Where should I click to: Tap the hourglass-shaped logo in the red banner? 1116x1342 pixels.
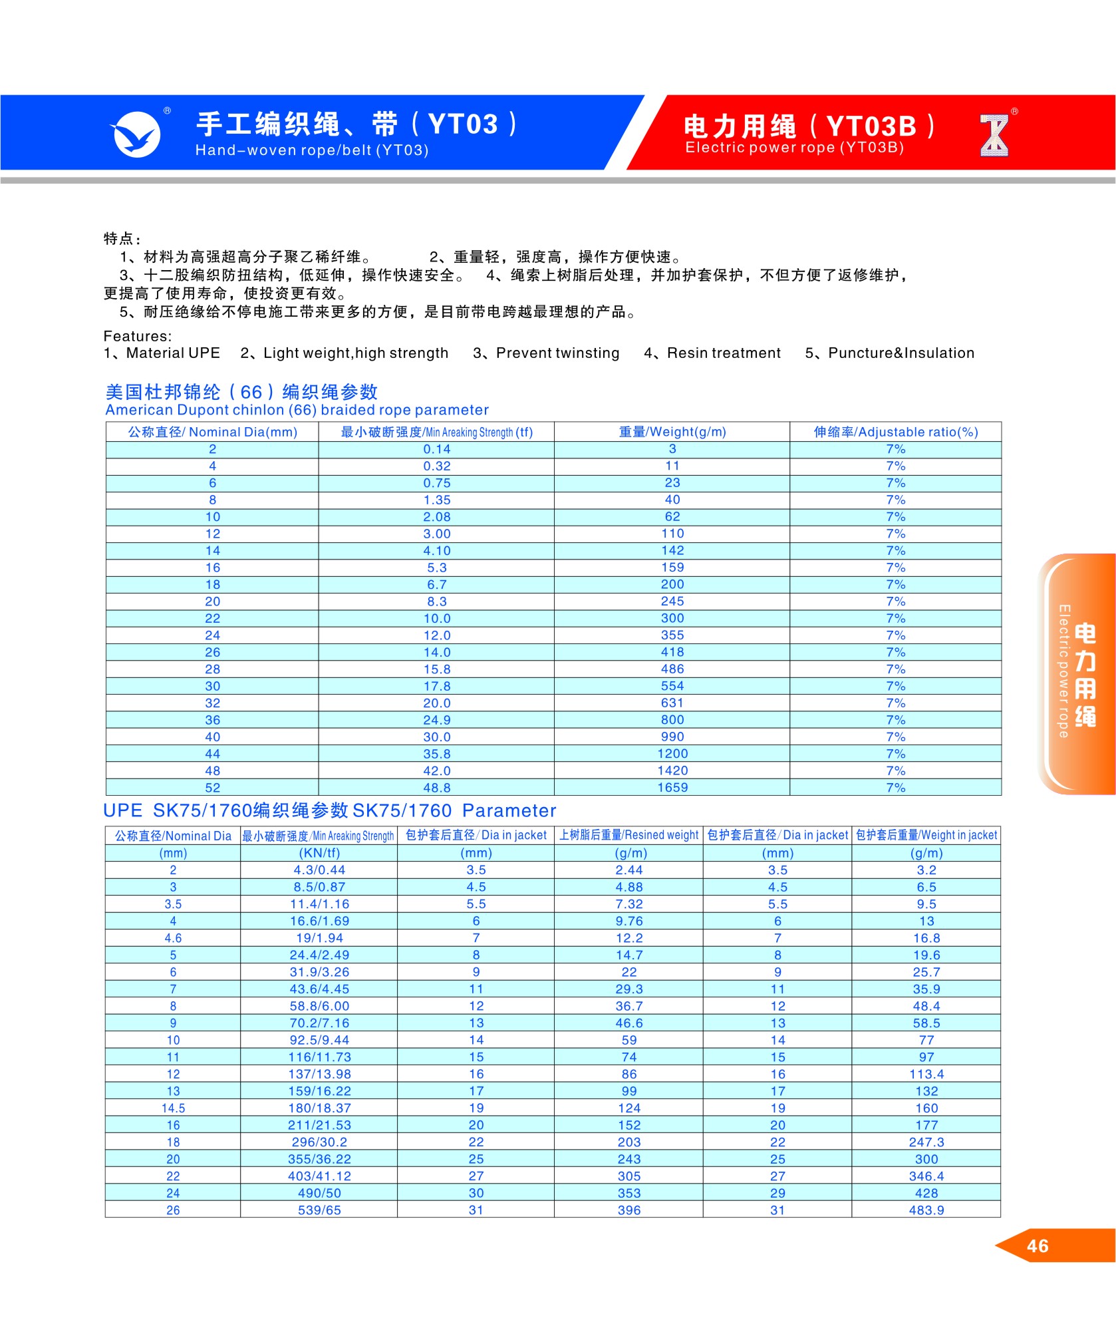point(994,136)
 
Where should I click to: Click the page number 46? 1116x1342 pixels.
point(1037,1246)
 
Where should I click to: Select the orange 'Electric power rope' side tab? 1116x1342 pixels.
point(1075,673)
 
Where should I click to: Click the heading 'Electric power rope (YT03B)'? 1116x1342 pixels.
point(794,148)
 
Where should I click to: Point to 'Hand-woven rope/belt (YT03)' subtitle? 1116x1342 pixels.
point(311,150)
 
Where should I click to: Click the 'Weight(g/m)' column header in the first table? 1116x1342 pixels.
point(672,432)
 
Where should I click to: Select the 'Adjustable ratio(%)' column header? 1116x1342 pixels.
point(895,432)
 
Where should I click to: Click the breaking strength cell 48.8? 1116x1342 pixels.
point(436,788)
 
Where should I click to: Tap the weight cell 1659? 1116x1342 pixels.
point(672,788)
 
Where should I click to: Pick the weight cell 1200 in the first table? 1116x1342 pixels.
point(672,754)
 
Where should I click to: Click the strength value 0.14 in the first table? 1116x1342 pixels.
point(436,449)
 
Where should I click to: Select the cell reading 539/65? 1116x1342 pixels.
point(319,1210)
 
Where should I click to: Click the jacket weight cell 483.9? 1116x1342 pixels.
point(926,1210)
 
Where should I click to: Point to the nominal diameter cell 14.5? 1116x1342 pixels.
point(173,1108)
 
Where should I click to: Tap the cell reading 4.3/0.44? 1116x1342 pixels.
point(319,870)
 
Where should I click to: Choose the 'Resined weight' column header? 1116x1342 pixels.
point(628,835)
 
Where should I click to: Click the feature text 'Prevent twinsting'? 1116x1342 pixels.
point(557,353)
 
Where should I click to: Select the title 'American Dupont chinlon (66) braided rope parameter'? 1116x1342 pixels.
point(297,410)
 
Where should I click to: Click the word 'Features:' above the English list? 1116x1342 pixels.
point(138,337)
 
